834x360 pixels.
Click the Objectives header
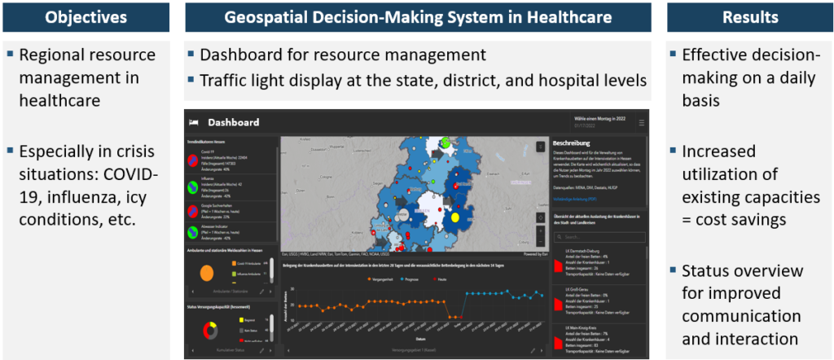(x=86, y=17)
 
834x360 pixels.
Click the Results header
(x=748, y=17)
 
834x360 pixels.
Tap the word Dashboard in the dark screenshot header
(x=234, y=122)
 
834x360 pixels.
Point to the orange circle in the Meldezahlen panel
(x=206, y=274)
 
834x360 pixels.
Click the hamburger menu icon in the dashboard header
(x=641, y=122)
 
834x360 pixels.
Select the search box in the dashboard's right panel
(x=599, y=237)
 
